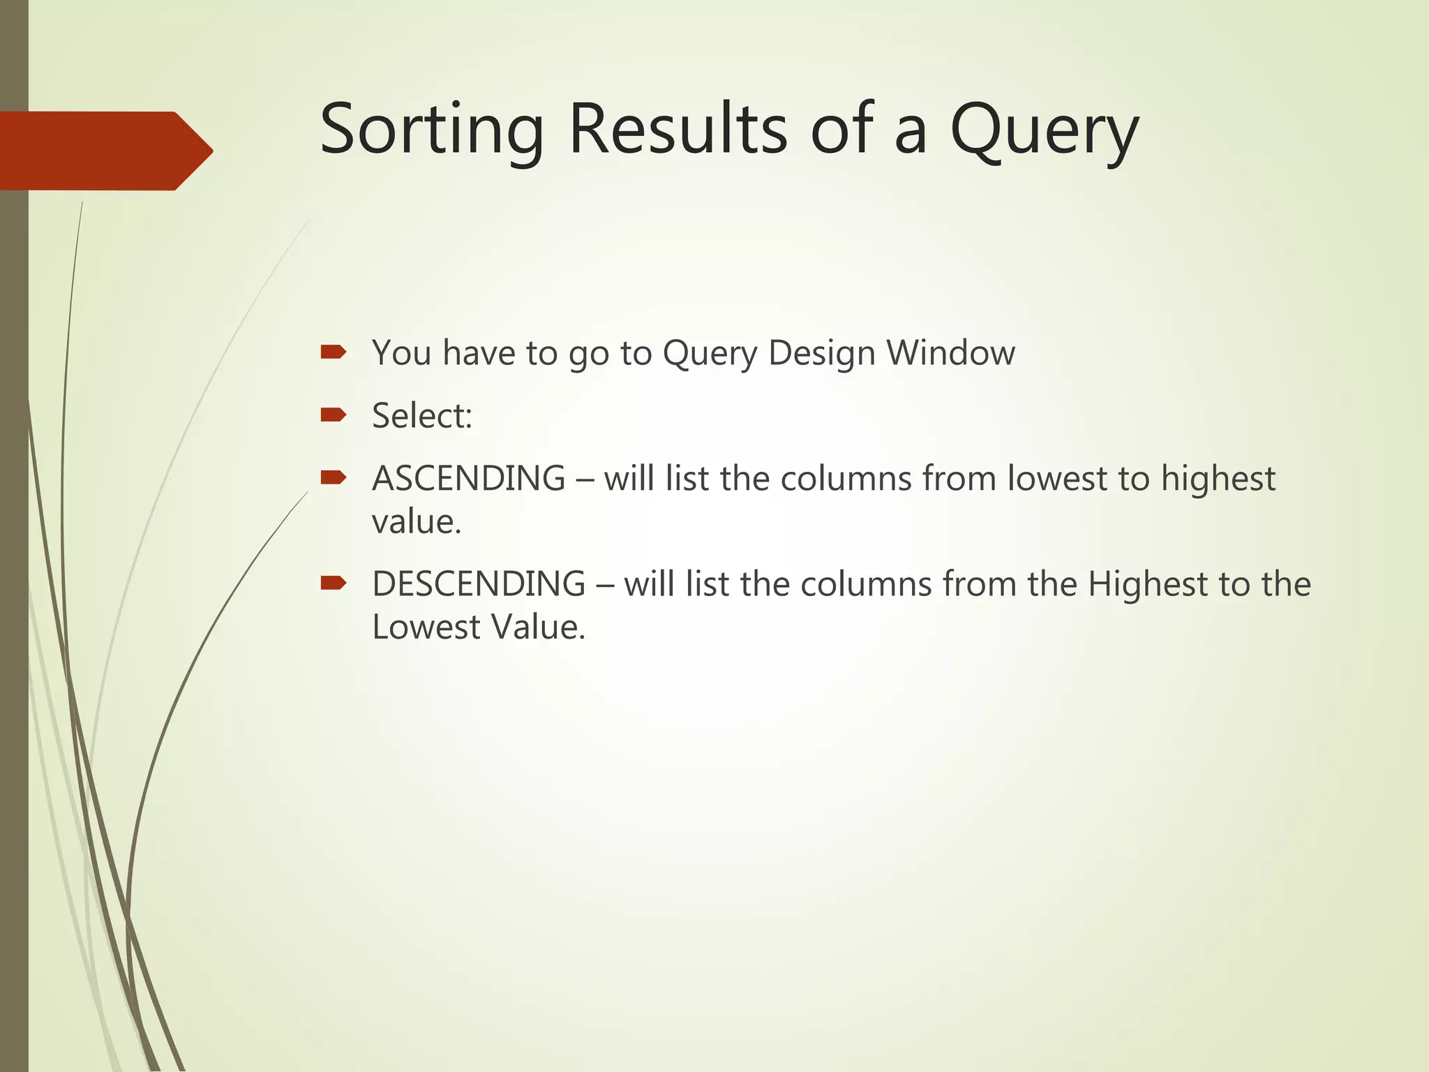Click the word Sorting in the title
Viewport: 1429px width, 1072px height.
coord(431,131)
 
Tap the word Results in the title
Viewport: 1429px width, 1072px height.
coord(678,129)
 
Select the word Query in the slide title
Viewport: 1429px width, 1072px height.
coord(1044,131)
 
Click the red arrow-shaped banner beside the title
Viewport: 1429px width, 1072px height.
coord(105,151)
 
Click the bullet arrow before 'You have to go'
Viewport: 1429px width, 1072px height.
coord(333,352)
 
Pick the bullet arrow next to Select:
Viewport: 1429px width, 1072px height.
coord(333,415)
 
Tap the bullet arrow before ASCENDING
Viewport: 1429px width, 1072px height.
coord(333,477)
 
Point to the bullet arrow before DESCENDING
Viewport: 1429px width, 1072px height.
coord(333,583)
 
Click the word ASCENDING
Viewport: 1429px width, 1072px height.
coord(468,479)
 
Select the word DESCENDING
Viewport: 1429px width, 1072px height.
coord(479,584)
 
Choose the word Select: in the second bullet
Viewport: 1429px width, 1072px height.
coord(422,416)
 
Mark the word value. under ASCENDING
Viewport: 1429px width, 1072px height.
coord(417,522)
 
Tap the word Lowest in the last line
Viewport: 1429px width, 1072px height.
coord(426,627)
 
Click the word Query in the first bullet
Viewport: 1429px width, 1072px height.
coord(710,354)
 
